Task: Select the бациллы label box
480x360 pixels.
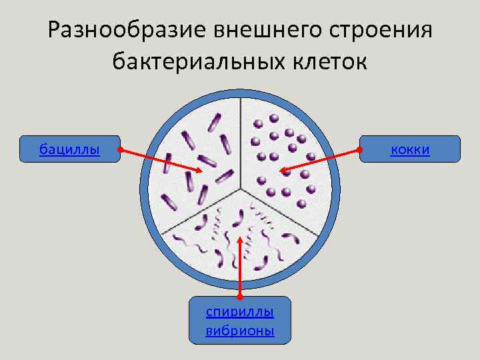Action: [70, 149]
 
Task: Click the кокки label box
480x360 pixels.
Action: [410, 149]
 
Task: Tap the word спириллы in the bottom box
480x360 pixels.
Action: [240, 311]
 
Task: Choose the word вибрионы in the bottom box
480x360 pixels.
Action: [240, 331]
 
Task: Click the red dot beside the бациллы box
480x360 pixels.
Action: [119, 150]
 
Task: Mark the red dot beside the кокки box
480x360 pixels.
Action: [360, 150]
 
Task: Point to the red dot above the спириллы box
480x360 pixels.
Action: [239, 295]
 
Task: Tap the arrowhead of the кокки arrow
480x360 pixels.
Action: [282, 171]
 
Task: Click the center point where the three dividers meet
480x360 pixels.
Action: [241, 187]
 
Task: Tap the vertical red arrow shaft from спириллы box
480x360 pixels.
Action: [239, 267]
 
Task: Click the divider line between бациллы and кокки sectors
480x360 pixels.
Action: [241, 140]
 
